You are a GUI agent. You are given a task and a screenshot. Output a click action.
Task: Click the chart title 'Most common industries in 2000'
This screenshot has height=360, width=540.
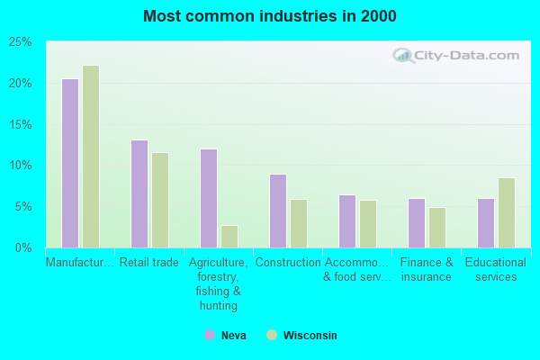click(269, 16)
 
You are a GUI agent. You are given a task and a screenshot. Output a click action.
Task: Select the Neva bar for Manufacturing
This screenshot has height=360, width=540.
click(70, 163)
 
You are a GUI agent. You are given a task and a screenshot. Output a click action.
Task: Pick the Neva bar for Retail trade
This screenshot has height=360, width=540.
click(139, 193)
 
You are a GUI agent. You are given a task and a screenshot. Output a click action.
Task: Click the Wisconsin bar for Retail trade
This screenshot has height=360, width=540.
click(160, 200)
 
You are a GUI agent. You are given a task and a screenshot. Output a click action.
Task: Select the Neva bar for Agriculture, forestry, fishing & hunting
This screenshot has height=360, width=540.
click(209, 198)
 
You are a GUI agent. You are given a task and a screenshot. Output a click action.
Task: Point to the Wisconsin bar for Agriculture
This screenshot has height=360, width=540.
click(229, 237)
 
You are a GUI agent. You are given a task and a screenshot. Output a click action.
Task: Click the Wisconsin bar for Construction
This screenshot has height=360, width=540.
click(299, 223)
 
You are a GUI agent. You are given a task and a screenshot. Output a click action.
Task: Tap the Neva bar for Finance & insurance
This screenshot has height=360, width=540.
click(417, 223)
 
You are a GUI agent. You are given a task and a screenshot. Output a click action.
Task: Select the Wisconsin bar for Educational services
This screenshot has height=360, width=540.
click(507, 212)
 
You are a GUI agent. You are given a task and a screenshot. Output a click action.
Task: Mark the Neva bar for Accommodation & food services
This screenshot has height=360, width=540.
click(347, 221)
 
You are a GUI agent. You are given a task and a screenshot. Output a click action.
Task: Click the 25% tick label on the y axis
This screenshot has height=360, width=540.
click(20, 41)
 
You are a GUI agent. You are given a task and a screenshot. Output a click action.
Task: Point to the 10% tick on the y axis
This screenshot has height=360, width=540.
click(20, 165)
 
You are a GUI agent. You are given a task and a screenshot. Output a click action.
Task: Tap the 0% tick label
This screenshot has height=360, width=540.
click(23, 247)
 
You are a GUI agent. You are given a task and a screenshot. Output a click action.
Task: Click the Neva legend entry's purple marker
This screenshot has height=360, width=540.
click(210, 335)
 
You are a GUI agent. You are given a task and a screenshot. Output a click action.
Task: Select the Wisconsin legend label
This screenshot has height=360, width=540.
click(310, 335)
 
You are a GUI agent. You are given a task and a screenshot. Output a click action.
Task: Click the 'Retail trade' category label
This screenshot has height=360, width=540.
click(149, 263)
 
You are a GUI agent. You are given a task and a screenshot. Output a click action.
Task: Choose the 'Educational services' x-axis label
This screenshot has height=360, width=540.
click(496, 269)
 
